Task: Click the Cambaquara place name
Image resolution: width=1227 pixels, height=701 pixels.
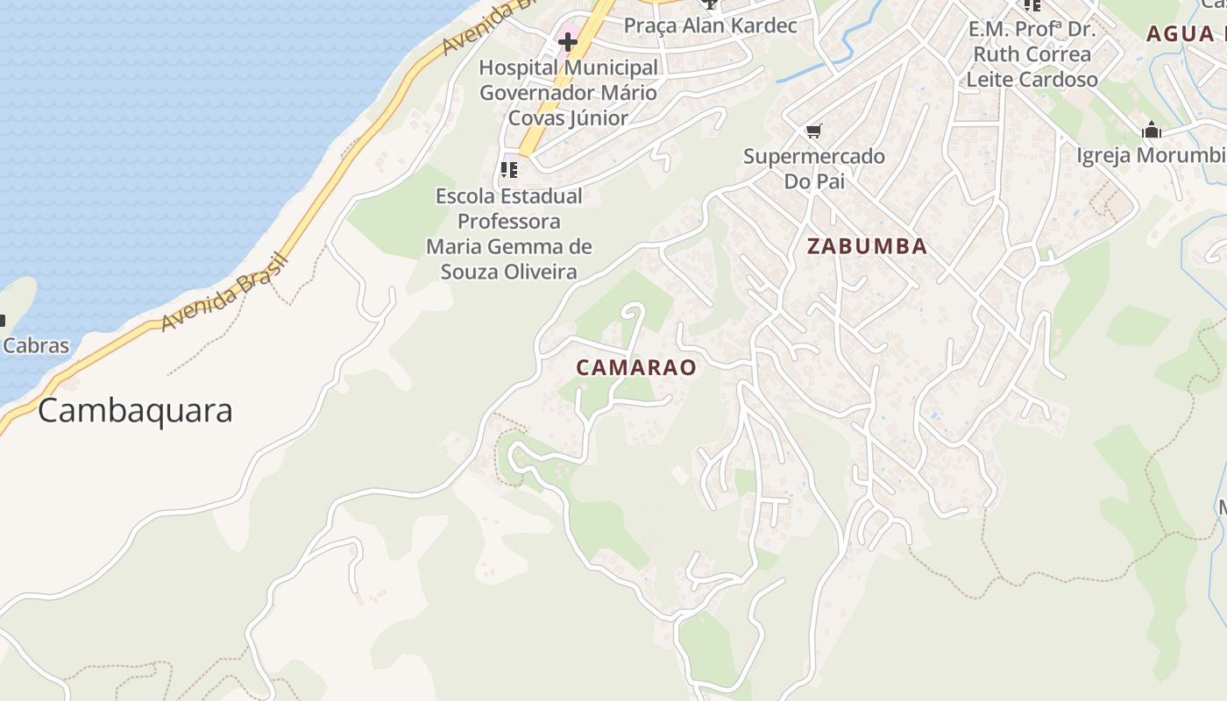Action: tap(135, 410)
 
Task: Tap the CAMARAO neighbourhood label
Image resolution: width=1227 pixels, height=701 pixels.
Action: tap(636, 367)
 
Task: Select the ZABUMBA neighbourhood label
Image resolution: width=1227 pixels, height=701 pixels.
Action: tap(867, 246)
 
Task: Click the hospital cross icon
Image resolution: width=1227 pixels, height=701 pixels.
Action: tap(568, 41)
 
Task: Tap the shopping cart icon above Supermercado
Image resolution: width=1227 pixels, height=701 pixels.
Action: tap(814, 131)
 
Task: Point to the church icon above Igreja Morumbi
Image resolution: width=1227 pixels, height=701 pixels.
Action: tap(1152, 131)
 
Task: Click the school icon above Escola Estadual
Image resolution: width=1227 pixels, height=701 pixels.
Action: tap(509, 169)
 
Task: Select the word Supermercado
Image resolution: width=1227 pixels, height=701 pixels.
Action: tap(814, 157)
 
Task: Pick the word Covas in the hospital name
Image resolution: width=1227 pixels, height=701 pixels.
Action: tap(536, 118)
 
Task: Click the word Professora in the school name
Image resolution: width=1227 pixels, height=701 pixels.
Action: tap(509, 221)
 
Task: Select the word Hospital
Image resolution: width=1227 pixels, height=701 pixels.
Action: tap(518, 67)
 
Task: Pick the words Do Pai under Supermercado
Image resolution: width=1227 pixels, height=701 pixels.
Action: tap(814, 181)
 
